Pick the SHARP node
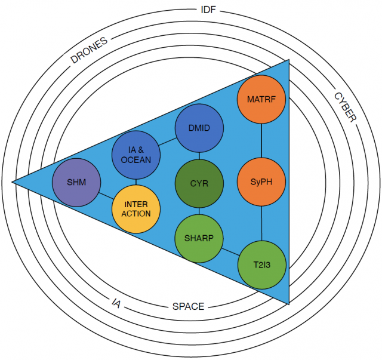click(x=199, y=238)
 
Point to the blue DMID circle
click(x=199, y=128)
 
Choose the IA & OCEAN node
click(x=136, y=155)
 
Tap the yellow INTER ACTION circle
click(x=136, y=209)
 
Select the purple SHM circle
click(x=76, y=181)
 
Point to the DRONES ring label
click(x=89, y=50)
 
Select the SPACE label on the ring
click(x=188, y=306)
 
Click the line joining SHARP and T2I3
click(x=230, y=251)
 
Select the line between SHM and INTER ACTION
click(x=106, y=195)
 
